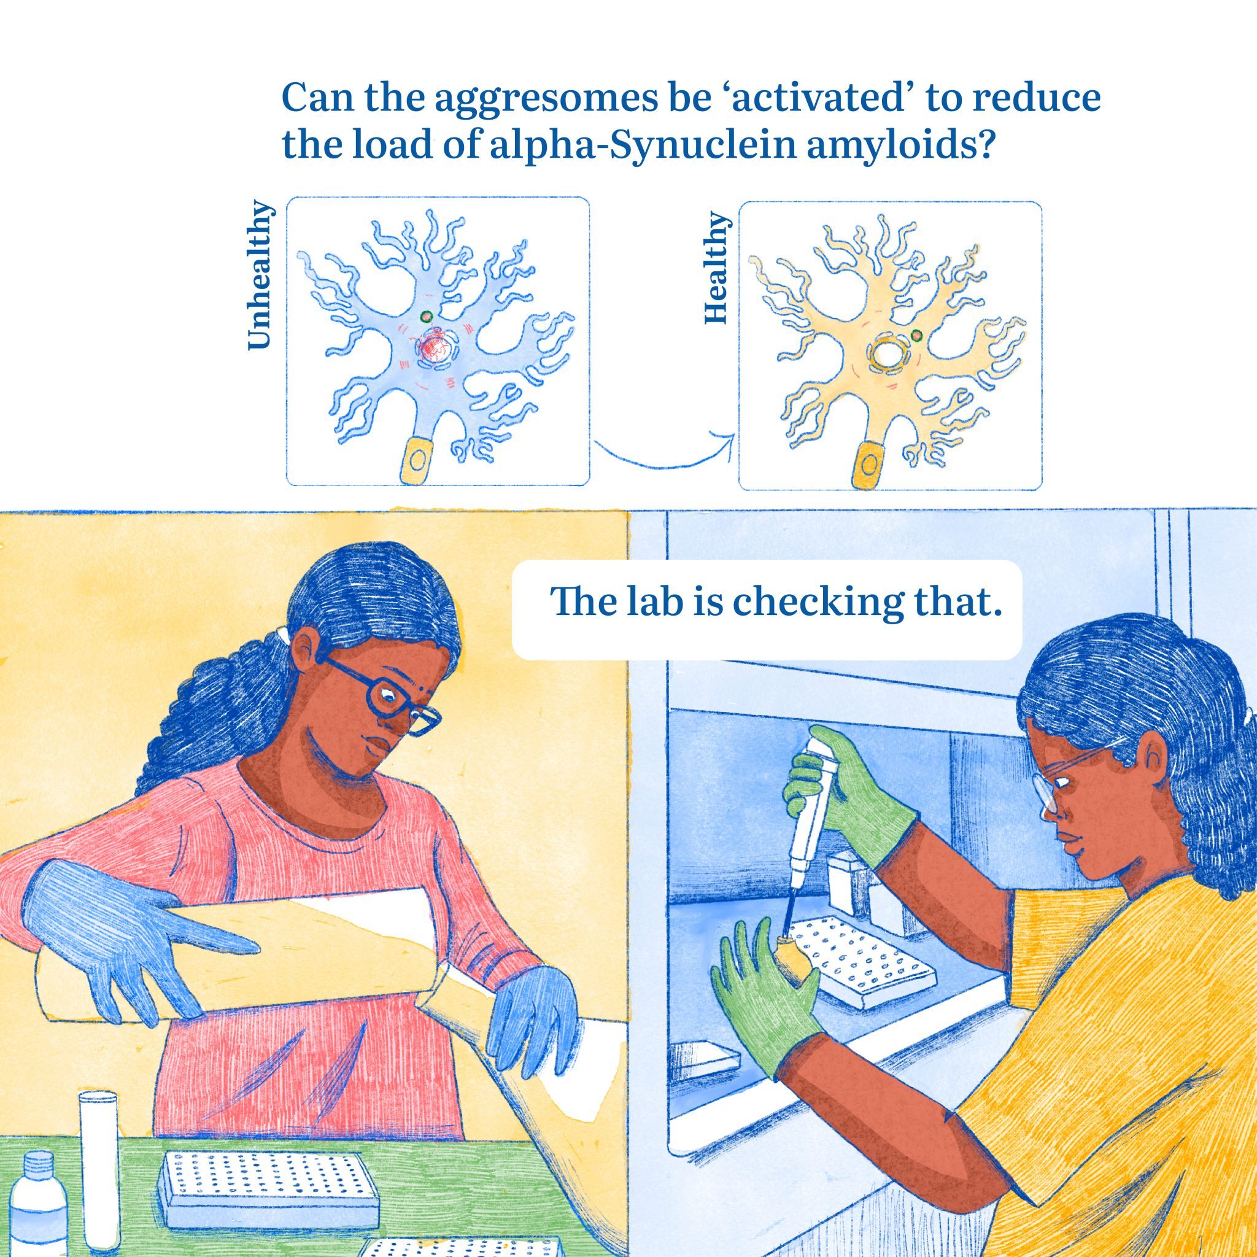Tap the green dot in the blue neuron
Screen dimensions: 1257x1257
click(x=426, y=316)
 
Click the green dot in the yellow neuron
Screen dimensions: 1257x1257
click(x=916, y=336)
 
